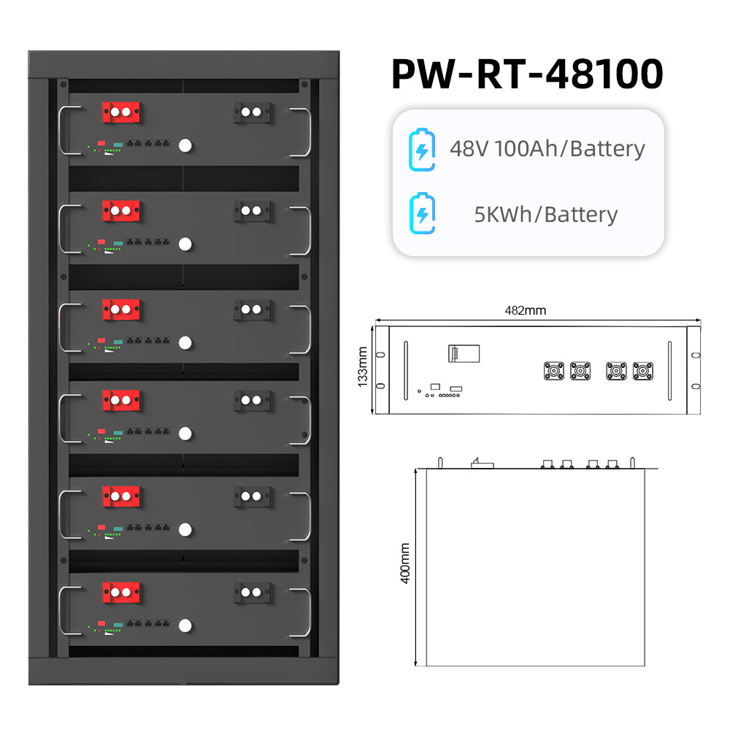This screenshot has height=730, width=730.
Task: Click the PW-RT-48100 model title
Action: pos(527,74)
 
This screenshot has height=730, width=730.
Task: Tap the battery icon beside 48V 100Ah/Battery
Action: pos(421,149)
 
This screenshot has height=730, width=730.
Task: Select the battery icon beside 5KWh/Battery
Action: pos(421,215)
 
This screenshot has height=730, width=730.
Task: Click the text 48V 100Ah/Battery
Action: pos(547,149)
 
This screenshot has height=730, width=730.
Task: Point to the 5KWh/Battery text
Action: pos(546,215)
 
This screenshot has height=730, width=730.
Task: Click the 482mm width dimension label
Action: pos(526,310)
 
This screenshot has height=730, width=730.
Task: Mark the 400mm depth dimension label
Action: pos(406,563)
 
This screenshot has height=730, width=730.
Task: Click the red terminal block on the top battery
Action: pos(121,112)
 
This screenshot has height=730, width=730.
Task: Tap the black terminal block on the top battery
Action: pos(252,112)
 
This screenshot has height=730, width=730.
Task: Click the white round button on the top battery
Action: pos(185,146)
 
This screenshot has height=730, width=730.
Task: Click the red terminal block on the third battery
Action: pos(121,309)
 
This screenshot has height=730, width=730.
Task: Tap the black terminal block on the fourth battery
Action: pos(252,400)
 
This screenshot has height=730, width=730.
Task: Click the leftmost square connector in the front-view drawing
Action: pos(554,371)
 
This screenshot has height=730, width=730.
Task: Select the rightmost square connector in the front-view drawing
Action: pos(643,371)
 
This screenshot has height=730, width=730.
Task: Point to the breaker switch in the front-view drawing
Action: pos(463,353)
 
